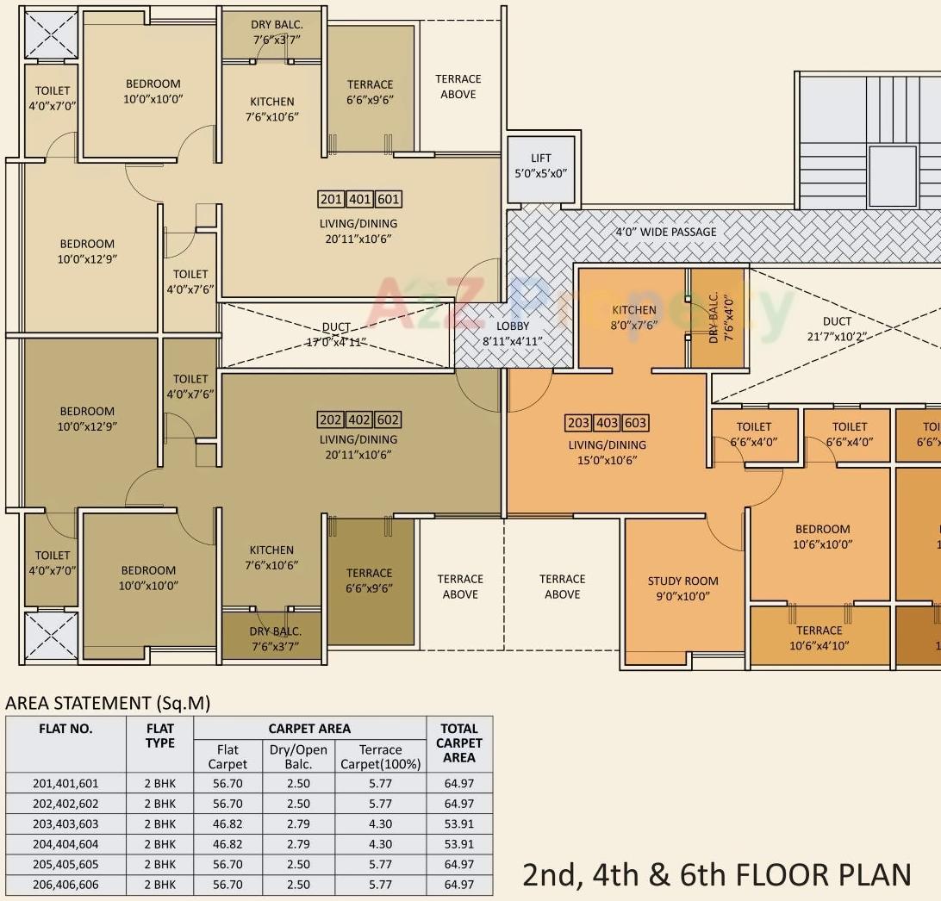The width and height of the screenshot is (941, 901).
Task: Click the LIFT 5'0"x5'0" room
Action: click(x=540, y=165)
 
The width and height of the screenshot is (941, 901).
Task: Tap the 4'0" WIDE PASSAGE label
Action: click(x=665, y=232)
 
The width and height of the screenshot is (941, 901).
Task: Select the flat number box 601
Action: click(x=389, y=199)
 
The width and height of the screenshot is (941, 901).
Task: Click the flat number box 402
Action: click(x=359, y=419)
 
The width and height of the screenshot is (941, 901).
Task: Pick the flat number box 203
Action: click(x=578, y=423)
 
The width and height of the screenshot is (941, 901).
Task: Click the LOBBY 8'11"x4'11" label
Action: click(x=513, y=333)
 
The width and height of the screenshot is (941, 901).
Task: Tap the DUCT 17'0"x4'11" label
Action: click(x=336, y=334)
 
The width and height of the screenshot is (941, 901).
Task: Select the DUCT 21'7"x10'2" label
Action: click(x=836, y=328)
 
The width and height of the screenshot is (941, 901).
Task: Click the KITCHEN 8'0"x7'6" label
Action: click(x=633, y=317)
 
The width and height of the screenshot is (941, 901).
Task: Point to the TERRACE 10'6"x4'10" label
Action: click(x=819, y=637)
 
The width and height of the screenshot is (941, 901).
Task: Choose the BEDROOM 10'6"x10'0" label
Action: click(x=822, y=537)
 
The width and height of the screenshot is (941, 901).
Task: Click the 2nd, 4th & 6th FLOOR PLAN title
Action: click(x=716, y=873)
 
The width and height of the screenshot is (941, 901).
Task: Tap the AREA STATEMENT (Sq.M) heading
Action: click(x=108, y=703)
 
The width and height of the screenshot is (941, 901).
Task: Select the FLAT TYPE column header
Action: click(x=160, y=736)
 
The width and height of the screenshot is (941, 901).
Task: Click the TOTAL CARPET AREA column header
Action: click(x=458, y=743)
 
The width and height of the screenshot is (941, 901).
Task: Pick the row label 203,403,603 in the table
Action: click(x=65, y=823)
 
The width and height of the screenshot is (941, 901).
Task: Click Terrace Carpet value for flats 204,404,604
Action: click(x=380, y=844)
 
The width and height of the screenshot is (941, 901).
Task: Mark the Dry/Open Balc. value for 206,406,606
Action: click(x=298, y=884)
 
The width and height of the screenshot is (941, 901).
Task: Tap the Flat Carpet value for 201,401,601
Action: click(x=227, y=783)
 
